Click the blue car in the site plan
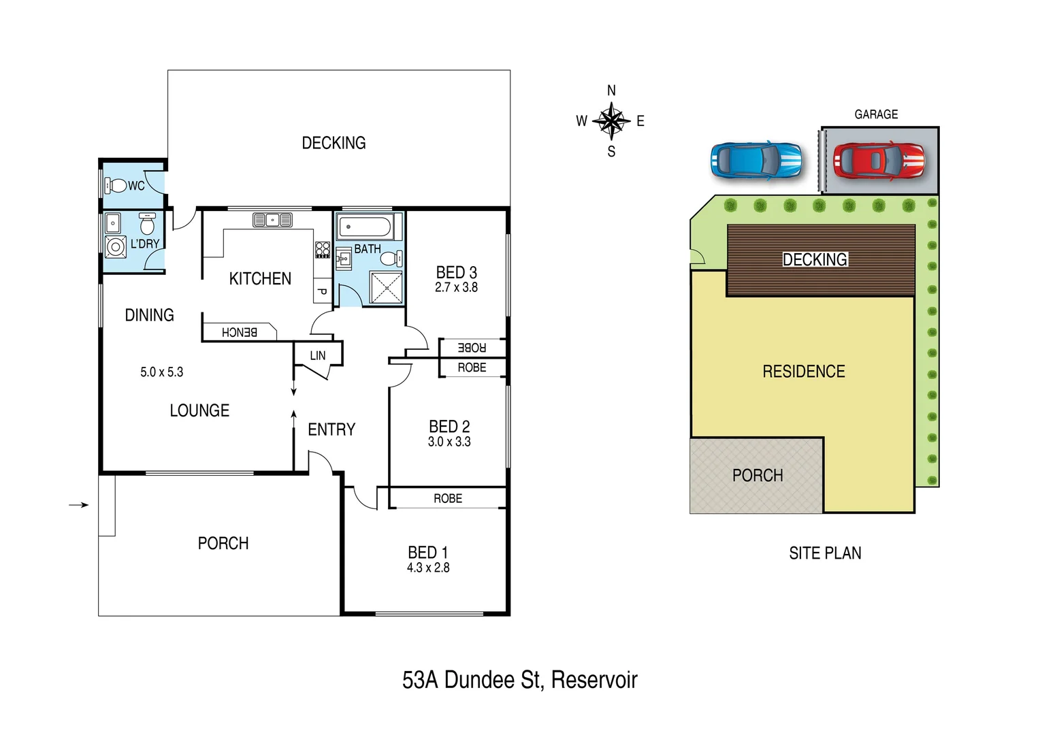(755, 161)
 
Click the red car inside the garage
(879, 161)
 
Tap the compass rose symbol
(611, 121)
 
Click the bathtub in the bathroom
(365, 227)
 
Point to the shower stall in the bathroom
(385, 287)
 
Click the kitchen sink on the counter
(272, 220)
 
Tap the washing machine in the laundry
(115, 247)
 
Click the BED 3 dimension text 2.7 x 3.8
(456, 288)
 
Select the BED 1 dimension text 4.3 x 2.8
(428, 568)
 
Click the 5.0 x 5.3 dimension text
(161, 372)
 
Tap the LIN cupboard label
(318, 355)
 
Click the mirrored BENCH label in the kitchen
(240, 332)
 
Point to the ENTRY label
(331, 429)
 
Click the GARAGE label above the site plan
(876, 114)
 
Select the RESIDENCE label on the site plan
(803, 372)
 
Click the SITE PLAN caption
(825, 553)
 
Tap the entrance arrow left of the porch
(79, 505)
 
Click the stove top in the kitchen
(323, 250)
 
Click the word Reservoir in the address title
(594, 680)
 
